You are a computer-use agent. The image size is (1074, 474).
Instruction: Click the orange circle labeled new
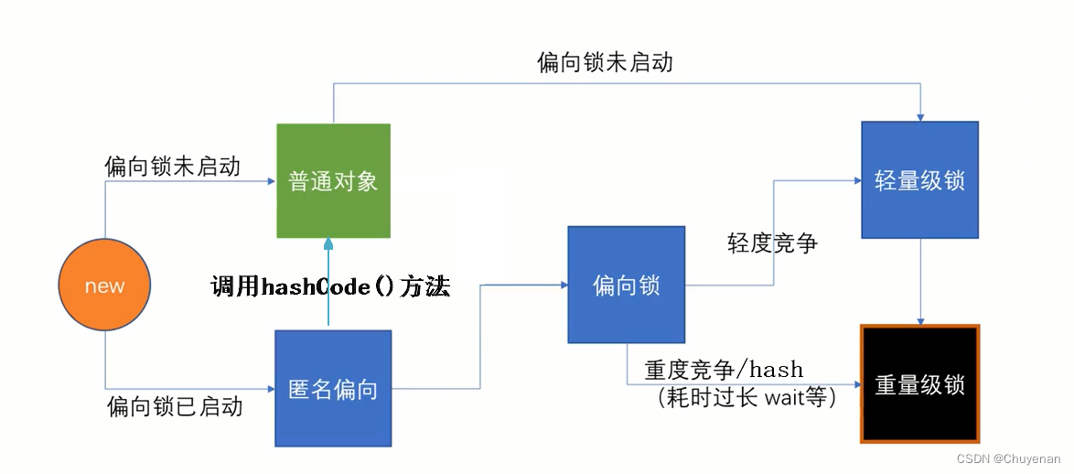click(104, 286)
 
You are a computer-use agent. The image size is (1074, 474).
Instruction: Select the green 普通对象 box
click(333, 180)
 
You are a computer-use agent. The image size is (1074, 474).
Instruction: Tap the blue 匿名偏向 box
click(333, 388)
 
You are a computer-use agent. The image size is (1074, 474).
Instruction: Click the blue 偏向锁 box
click(626, 285)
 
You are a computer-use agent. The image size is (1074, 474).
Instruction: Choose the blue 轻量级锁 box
click(919, 179)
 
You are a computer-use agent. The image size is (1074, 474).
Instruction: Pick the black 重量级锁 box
click(919, 383)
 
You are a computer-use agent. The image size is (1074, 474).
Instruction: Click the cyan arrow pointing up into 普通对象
click(328, 275)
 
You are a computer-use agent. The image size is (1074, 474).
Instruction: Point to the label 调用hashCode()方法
click(330, 287)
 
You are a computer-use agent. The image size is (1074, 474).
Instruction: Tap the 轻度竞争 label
click(772, 243)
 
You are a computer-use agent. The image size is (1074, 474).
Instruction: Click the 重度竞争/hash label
click(724, 371)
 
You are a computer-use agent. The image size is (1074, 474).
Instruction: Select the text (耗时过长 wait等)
click(746, 398)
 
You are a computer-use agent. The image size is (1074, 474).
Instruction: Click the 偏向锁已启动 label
click(175, 405)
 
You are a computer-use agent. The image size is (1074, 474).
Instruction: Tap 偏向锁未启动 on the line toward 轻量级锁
click(605, 62)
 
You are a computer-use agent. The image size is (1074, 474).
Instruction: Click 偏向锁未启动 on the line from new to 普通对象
click(173, 166)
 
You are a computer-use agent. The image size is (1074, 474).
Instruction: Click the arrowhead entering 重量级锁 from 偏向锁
click(854, 384)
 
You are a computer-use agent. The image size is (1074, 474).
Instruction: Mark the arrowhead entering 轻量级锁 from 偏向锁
click(855, 180)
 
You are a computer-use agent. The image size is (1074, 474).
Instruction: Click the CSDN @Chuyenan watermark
click(1008, 459)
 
